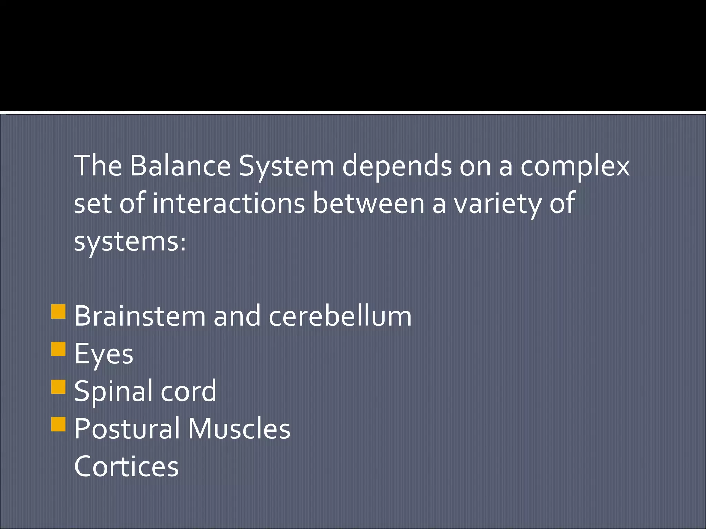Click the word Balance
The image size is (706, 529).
pos(180,166)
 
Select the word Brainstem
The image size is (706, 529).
pos(140,317)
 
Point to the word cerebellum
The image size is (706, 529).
pos(340,317)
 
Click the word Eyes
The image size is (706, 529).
pos(103,354)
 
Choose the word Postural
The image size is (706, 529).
pos(127,429)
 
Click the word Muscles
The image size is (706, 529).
pos(239,429)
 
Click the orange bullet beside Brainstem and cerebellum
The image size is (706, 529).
pos(58,311)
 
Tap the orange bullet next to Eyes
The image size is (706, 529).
pos(58,349)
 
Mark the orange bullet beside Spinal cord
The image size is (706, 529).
pos(58,386)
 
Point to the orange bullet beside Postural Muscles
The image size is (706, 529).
pos(58,424)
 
